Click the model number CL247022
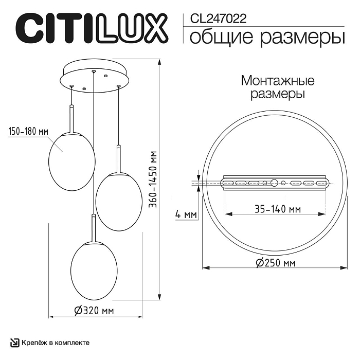[x=218, y=19]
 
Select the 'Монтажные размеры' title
[x=277, y=87]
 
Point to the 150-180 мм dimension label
[x=28, y=132]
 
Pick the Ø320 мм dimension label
[x=94, y=311]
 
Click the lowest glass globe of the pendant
[x=94, y=267]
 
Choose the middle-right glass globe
[x=119, y=201]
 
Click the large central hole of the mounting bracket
[x=274, y=183]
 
